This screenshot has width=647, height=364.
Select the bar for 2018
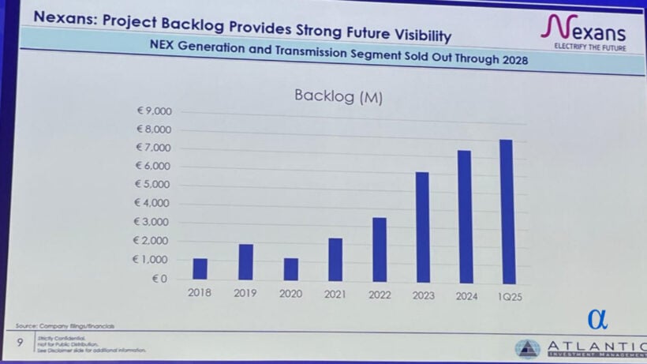click(x=200, y=268)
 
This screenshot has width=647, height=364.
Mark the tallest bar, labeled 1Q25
click(x=507, y=212)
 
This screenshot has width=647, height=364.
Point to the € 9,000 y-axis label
click(x=154, y=111)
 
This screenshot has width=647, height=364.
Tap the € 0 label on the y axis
click(x=160, y=279)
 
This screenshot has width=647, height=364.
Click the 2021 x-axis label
click(x=335, y=294)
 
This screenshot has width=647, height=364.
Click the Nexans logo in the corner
click(x=584, y=31)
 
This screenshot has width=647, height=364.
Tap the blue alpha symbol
click(x=597, y=318)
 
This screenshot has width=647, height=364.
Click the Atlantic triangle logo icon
click(x=528, y=348)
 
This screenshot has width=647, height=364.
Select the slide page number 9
click(x=19, y=343)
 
